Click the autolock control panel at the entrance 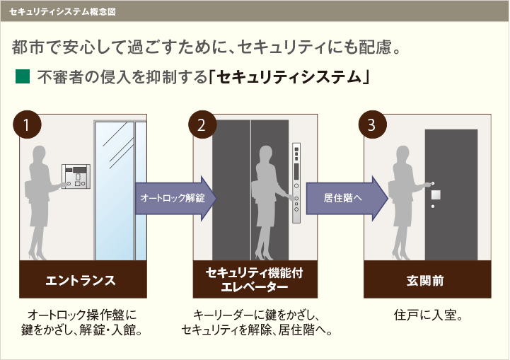tap(76, 175)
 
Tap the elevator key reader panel tap(297, 178)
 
